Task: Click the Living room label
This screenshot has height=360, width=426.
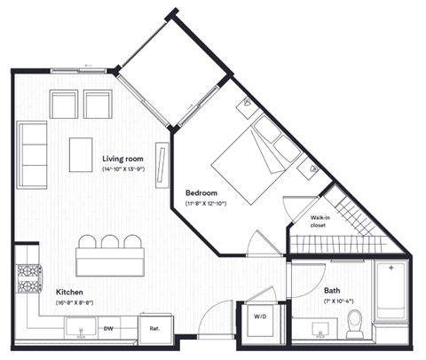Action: (x=123, y=157)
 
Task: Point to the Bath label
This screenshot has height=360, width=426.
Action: (x=332, y=290)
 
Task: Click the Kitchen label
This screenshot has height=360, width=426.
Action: (x=70, y=292)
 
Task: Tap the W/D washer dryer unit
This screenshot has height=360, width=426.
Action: (x=262, y=317)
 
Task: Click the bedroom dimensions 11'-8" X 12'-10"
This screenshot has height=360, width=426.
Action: (x=207, y=203)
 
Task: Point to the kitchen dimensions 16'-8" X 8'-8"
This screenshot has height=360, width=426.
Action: (x=75, y=302)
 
